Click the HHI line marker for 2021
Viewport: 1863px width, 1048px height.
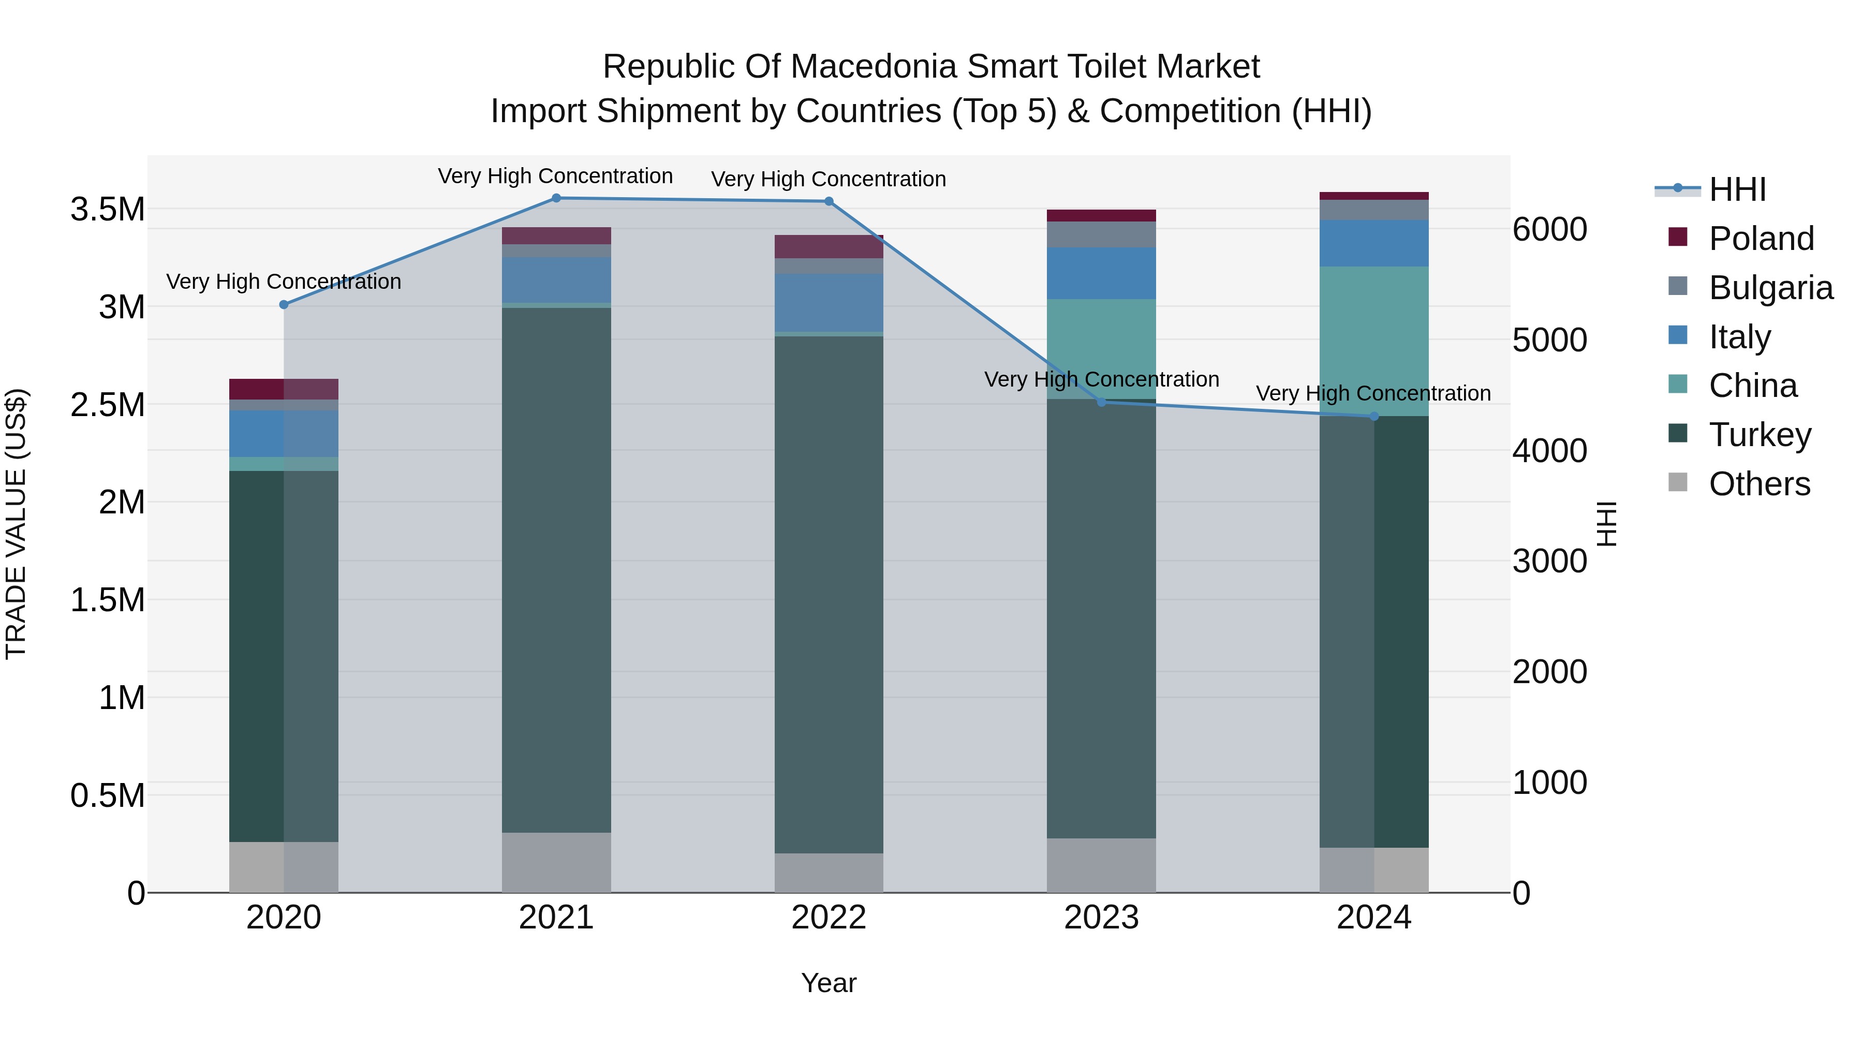pyautogui.click(x=556, y=198)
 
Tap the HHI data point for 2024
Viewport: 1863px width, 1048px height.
pyautogui.click(x=1374, y=417)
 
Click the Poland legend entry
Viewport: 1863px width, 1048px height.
pyautogui.click(x=1761, y=239)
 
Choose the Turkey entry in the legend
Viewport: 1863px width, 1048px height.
pyautogui.click(x=1759, y=435)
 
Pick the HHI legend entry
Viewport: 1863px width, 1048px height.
pyautogui.click(x=1737, y=189)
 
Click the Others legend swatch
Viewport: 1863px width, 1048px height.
pyautogui.click(x=1678, y=482)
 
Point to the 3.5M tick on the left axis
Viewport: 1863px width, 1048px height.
pyautogui.click(x=107, y=210)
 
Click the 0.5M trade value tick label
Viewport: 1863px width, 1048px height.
pyautogui.click(x=107, y=795)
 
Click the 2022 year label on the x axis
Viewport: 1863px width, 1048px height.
pyautogui.click(x=829, y=918)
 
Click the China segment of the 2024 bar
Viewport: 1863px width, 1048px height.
pyautogui.click(x=1374, y=340)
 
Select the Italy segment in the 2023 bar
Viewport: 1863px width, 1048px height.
pyautogui.click(x=1101, y=273)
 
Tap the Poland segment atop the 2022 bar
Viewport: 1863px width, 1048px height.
pyautogui.click(x=829, y=247)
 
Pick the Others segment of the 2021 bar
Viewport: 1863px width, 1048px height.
pyautogui.click(x=556, y=862)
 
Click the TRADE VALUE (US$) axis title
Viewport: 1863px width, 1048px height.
pyautogui.click(x=16, y=524)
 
